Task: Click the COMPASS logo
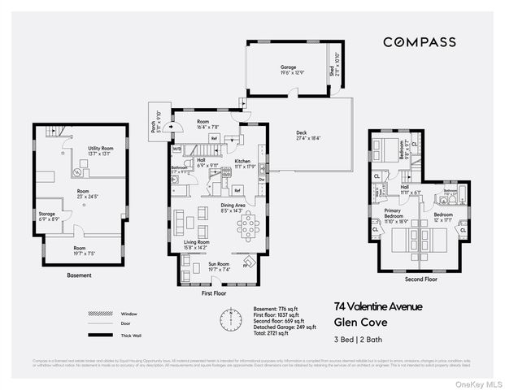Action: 419,42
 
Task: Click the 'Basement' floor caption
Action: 80,275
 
